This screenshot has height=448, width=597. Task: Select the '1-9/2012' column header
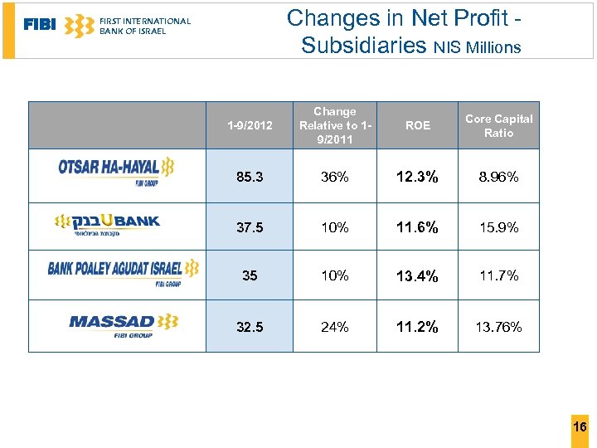click(x=249, y=125)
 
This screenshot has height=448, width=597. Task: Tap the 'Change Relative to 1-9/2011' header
click(x=334, y=125)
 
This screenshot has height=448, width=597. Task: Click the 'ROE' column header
click(x=417, y=125)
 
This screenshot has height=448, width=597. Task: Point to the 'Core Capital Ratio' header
click(x=498, y=125)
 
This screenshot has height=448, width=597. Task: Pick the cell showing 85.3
click(x=249, y=177)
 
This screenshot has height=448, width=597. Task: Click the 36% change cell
click(x=334, y=177)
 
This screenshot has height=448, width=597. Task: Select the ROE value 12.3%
click(x=417, y=177)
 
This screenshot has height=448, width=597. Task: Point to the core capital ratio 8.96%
click(x=498, y=177)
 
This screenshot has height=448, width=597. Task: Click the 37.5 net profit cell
click(x=249, y=227)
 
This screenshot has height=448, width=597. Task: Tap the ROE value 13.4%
click(x=417, y=275)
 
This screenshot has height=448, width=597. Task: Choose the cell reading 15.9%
click(x=498, y=227)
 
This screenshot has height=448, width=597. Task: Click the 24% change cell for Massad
click(x=334, y=327)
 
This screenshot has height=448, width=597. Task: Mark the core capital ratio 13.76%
click(x=498, y=327)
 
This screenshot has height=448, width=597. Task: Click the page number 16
click(x=580, y=426)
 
